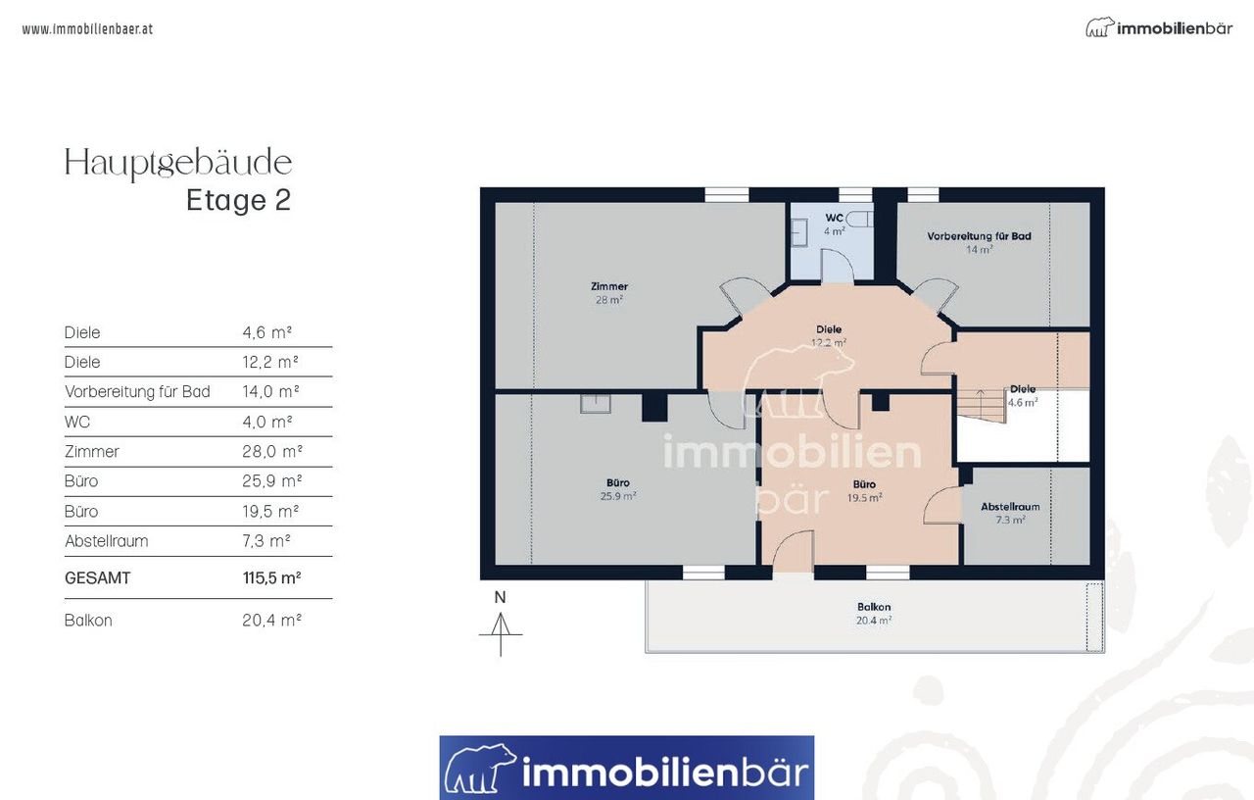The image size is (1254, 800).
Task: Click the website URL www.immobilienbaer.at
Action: tap(87, 29)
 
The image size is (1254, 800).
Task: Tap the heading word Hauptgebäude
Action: tap(178, 163)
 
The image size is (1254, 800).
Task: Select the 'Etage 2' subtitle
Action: tap(238, 200)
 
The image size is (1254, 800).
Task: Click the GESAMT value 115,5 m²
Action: tap(272, 577)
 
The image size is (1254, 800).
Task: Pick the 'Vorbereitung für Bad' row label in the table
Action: tap(137, 391)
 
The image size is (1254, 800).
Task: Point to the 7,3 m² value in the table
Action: tap(266, 541)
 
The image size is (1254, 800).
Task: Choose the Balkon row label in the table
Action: tap(88, 621)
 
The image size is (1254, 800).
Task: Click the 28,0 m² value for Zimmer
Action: tap(272, 452)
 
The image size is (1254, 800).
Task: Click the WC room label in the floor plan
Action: tap(834, 218)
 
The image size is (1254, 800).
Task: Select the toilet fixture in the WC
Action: tap(859, 219)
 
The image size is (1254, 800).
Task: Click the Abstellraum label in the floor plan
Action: tap(1010, 507)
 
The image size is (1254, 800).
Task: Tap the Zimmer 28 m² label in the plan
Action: tap(609, 292)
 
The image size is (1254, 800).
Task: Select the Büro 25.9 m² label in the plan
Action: tap(618, 489)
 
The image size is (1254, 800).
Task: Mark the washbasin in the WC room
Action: tap(798, 232)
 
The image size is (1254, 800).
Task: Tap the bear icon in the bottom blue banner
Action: tap(480, 768)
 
